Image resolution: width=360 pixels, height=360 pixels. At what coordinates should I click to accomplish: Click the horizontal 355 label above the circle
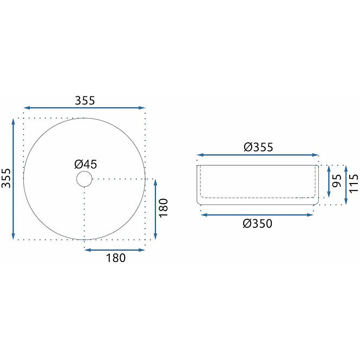[84, 101]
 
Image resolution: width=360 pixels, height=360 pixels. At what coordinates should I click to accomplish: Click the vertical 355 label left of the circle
[6, 178]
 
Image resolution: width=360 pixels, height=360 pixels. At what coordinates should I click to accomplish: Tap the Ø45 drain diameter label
[86, 165]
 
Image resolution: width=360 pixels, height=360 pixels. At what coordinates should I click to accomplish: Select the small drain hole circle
[84, 179]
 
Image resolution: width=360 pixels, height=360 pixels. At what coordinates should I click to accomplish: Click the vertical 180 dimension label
[163, 208]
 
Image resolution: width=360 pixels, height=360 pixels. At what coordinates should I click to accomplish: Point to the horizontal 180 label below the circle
[116, 258]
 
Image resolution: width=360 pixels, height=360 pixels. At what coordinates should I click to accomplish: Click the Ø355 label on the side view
[259, 147]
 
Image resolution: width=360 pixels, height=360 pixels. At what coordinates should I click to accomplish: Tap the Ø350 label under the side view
[258, 224]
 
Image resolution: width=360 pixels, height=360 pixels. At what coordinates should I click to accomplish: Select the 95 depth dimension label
[337, 181]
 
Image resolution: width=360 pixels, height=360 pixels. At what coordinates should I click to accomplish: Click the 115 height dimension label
[354, 183]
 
